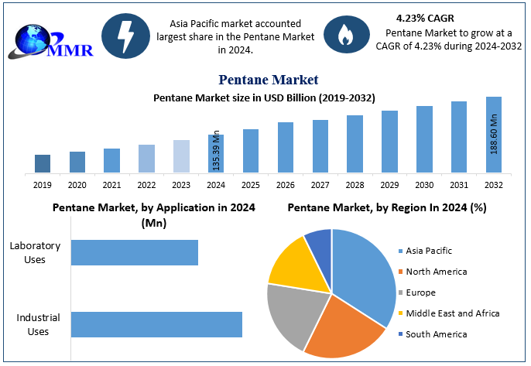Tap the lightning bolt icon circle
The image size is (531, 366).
125,36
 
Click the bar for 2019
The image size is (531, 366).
43,163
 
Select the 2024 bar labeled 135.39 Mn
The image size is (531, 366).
216,153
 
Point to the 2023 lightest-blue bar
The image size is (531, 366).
181,156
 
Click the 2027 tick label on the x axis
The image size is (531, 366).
320,185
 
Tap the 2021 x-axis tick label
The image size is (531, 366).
111,185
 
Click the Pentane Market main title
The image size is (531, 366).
268,80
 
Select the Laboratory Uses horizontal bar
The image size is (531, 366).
135,253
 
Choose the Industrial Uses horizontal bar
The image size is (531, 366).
156,324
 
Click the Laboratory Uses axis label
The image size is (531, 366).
35,252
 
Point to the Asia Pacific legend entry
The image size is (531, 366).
429,251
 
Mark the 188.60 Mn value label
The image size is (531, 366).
494,133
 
